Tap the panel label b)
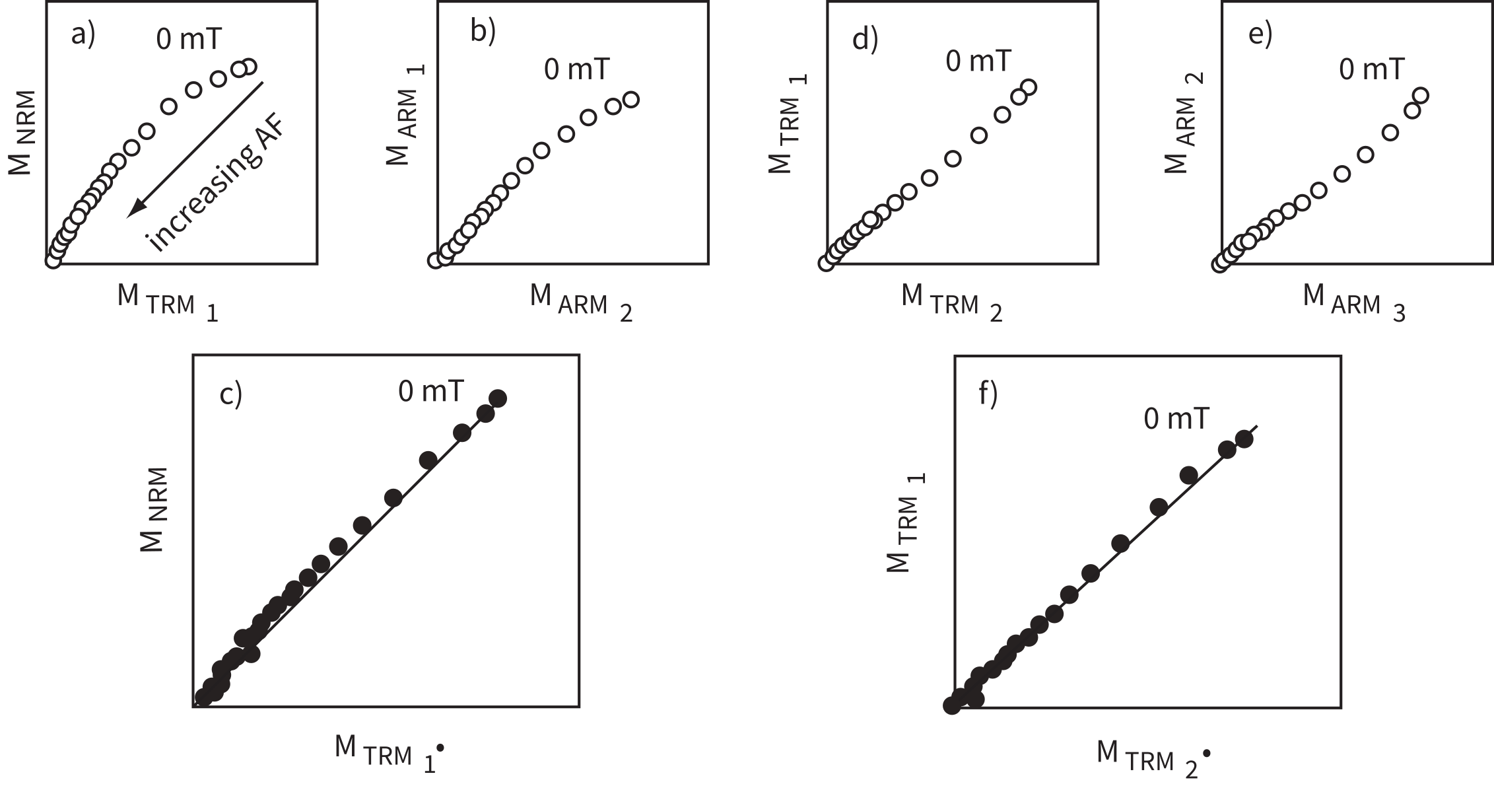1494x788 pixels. pos(483,31)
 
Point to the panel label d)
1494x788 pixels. pos(865,39)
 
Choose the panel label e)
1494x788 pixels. pos(1260,34)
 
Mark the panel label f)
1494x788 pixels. pos(988,394)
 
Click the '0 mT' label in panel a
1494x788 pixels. pos(189,40)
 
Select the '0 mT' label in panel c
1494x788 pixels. pos(430,391)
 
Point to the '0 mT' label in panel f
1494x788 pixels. pos(1176,419)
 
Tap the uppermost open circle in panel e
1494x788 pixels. pos(1421,96)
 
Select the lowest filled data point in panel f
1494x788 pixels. pos(951,706)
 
